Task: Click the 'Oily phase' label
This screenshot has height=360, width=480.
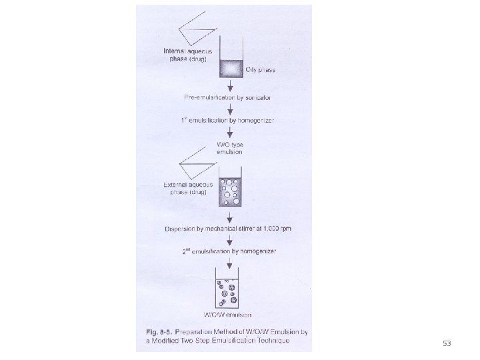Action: tap(261, 69)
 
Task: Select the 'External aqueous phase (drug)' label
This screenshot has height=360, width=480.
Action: tap(189, 187)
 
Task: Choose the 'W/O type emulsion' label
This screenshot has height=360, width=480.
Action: tap(229, 148)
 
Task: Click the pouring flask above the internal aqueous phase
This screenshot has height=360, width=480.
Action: tap(197, 27)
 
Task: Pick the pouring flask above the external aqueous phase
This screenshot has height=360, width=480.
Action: tap(197, 160)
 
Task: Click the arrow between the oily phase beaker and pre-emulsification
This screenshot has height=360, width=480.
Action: tap(230, 86)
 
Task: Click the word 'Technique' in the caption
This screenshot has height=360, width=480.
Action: tap(268, 341)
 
